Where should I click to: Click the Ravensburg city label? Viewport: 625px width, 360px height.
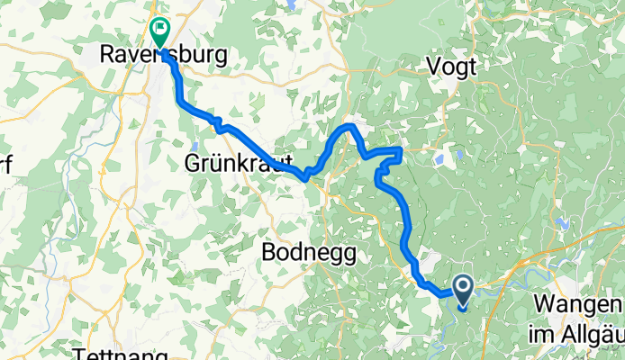pyautogui.click(x=162, y=56)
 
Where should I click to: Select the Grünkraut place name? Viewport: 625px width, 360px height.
pyautogui.click(x=237, y=165)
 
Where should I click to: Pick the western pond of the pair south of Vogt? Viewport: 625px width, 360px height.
pyautogui.click(x=439, y=159)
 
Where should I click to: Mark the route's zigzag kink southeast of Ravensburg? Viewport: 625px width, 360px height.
pyautogui.click(x=216, y=121)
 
